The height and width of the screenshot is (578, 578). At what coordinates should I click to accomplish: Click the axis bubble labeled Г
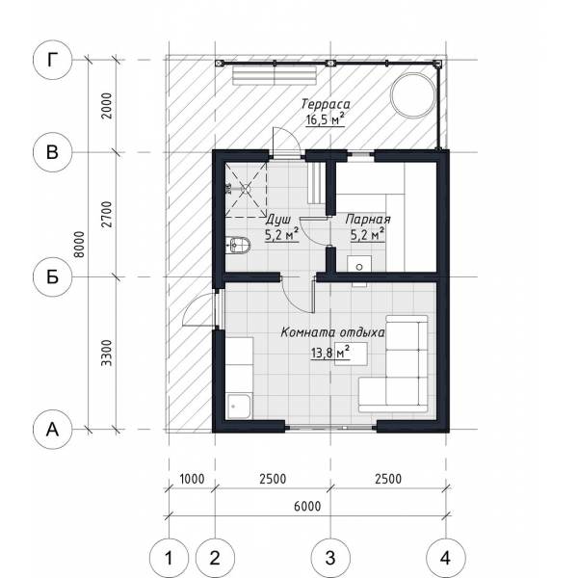click(x=52, y=60)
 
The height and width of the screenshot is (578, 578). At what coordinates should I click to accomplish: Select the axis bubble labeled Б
click(x=52, y=276)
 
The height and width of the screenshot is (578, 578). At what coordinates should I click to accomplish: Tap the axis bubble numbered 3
click(x=330, y=558)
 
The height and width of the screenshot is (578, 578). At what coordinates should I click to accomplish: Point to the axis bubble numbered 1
click(x=169, y=558)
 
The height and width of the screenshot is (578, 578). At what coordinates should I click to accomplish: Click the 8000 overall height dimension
click(x=79, y=244)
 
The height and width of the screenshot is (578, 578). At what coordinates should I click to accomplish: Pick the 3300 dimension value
click(x=107, y=353)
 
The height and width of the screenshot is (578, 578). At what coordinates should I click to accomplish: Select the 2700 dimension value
click(x=107, y=214)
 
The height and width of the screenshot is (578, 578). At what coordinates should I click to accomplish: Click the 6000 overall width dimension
click(x=307, y=506)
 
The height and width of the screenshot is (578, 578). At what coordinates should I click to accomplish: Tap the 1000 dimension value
click(x=192, y=479)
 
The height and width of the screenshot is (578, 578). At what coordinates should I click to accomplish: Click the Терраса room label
click(x=326, y=104)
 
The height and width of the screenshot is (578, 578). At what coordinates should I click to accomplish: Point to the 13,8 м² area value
click(x=329, y=353)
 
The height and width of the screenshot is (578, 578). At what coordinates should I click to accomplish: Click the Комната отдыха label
click(x=332, y=332)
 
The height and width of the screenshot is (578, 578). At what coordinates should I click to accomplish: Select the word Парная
click(x=368, y=220)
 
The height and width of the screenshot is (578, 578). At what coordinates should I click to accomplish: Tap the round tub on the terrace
click(x=413, y=95)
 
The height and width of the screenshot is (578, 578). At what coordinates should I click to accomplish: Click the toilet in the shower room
click(x=238, y=244)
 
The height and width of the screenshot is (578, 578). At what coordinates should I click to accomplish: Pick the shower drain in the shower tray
click(x=246, y=189)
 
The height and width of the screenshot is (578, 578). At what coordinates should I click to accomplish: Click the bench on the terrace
click(x=275, y=75)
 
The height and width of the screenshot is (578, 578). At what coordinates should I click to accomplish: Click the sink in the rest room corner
click(x=240, y=407)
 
